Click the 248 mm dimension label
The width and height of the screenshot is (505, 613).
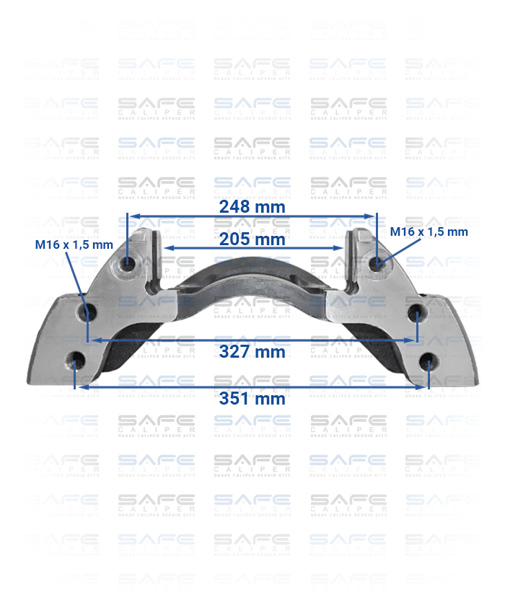(x=252, y=206)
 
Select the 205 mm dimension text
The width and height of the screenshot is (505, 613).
(x=252, y=239)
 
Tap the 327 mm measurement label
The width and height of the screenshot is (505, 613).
(x=252, y=352)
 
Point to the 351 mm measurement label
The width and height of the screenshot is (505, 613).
(x=252, y=398)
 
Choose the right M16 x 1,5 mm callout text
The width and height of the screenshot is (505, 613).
(x=429, y=231)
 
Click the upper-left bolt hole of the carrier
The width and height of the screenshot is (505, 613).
(x=128, y=265)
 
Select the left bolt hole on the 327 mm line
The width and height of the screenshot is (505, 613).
(x=88, y=314)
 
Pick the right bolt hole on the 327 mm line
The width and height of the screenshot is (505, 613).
(x=416, y=314)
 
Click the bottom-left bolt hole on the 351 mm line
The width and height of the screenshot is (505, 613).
(x=76, y=360)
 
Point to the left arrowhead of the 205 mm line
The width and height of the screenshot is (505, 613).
(x=164, y=247)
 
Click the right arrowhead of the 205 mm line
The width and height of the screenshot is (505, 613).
(x=340, y=247)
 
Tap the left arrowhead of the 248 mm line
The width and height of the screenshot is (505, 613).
(x=131, y=215)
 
